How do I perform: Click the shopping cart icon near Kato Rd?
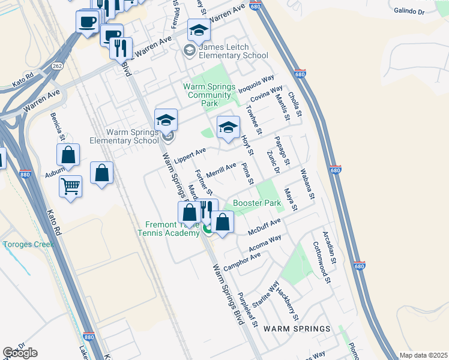(x=70, y=186)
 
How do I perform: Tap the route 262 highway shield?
(x=58, y=65)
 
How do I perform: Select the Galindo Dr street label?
(x=410, y=11)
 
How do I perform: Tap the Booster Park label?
(x=258, y=203)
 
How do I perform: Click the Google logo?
(x=20, y=353)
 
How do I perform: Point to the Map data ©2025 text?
(x=423, y=355)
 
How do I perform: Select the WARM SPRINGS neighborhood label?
(x=297, y=329)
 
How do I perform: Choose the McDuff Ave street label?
(x=265, y=227)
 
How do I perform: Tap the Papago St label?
(x=282, y=151)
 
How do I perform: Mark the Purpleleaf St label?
(x=247, y=308)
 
